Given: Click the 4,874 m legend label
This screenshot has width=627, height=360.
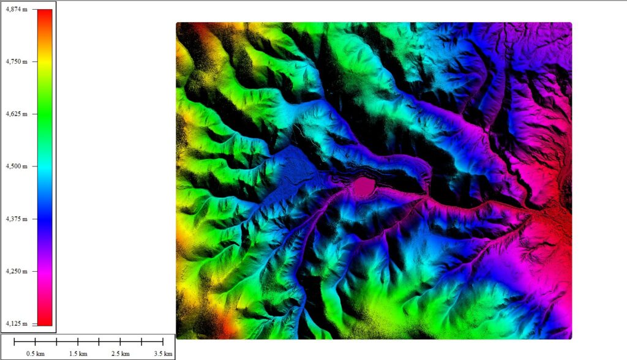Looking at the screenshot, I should click(16, 10).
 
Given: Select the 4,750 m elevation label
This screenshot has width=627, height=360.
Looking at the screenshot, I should click(16, 62).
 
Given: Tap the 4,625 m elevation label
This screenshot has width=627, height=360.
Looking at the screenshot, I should click(16, 114).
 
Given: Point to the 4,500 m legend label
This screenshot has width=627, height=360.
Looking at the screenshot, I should click(16, 166).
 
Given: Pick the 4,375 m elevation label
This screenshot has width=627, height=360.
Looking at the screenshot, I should click(16, 219).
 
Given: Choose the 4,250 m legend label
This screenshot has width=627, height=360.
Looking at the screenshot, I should click(16, 271).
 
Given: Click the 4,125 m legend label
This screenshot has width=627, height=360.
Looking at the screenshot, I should click(16, 323).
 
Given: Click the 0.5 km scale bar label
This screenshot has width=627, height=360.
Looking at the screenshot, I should click(36, 354).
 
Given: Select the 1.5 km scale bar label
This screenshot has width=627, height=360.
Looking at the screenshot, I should click(78, 354).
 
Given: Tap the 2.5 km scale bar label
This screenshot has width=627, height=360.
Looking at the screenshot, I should click(121, 354).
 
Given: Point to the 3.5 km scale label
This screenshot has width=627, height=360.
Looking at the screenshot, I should click(163, 354).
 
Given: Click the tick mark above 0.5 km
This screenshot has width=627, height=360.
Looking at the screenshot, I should click(36, 342).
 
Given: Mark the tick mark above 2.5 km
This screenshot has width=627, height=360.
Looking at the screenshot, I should click(121, 342).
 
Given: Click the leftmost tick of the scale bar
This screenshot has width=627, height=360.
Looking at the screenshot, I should click(15, 342).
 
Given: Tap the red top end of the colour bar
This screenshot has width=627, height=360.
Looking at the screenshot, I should click(45, 12).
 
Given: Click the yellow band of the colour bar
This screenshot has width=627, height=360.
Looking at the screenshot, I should click(45, 67).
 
